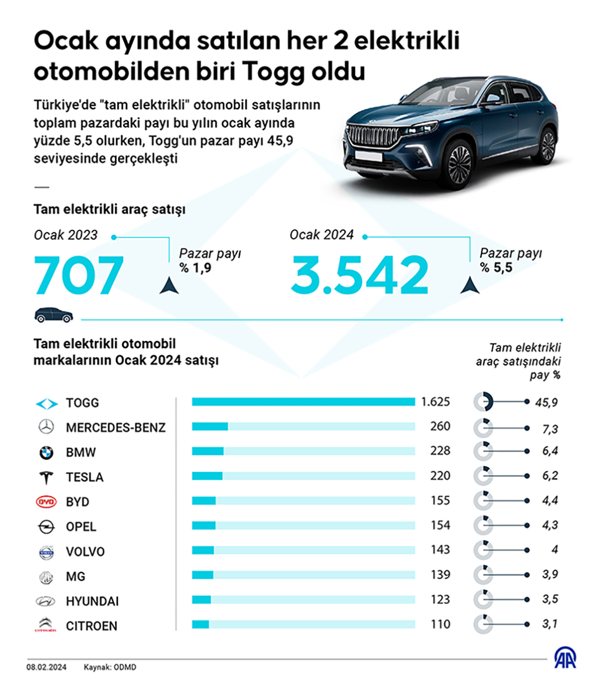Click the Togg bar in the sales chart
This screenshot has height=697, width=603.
coord(303,402)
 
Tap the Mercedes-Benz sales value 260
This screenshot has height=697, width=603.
coord(440,426)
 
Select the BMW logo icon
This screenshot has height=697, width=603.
coord(46,453)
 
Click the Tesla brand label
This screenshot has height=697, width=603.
coord(85,477)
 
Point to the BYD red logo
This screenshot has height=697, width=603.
coord(46,502)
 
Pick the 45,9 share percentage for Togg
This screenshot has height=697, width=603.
coord(546,403)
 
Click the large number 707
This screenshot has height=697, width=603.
coord(79,276)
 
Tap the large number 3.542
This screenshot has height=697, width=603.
coord(360,276)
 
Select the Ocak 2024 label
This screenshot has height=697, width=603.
coord(321,235)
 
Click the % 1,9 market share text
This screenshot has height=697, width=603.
coord(195,268)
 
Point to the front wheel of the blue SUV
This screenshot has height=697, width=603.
coord(459,163)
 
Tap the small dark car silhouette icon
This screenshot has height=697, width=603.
coord(53,315)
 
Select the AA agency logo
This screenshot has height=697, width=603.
coord(565,658)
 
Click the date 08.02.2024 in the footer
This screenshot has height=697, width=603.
coord(47,667)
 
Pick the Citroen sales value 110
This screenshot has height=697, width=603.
coord(440,624)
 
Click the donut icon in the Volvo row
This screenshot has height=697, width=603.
coord(483,550)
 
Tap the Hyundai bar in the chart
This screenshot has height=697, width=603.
coord(201,600)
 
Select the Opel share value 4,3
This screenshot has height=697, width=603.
coord(550,525)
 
